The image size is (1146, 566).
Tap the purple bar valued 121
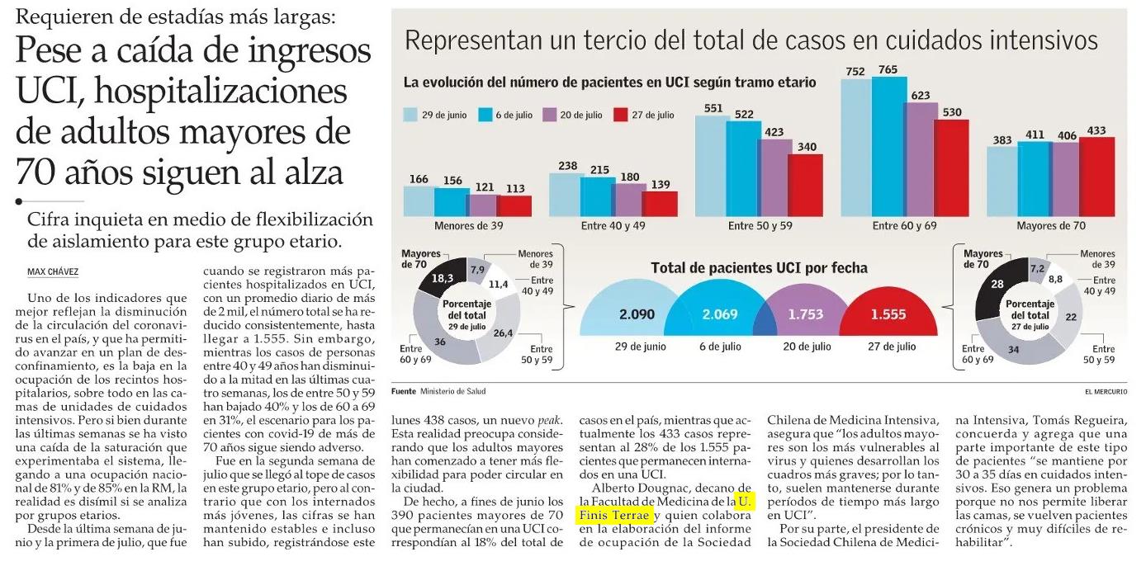coord(483,205)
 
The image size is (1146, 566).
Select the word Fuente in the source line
coord(404,390)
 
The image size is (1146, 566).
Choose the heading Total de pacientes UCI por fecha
coord(759,268)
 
